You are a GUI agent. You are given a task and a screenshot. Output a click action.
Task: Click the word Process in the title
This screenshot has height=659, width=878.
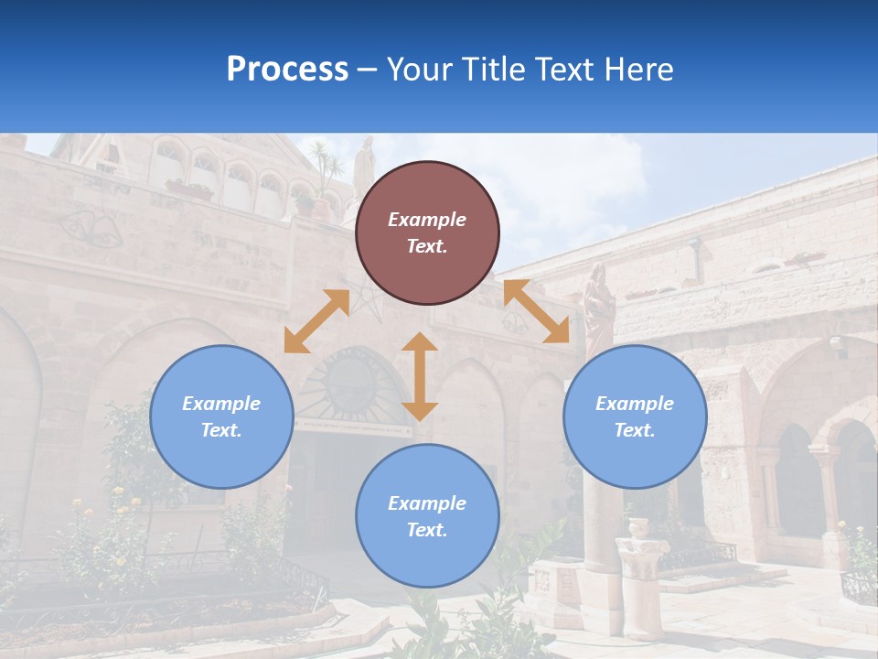click(x=287, y=70)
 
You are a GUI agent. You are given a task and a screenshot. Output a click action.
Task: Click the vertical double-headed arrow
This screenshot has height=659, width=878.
click(x=420, y=376)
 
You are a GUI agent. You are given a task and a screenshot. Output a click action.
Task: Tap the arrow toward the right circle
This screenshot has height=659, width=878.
click(x=536, y=311)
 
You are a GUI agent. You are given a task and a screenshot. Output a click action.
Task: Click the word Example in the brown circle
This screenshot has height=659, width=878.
click(x=427, y=220)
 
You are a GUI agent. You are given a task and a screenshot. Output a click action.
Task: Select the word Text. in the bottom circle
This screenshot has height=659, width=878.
click(x=427, y=530)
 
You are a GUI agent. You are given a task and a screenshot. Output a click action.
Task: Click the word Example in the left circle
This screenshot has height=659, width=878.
click(x=221, y=404)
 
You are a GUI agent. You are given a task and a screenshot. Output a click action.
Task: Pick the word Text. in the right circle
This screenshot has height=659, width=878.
click(x=635, y=430)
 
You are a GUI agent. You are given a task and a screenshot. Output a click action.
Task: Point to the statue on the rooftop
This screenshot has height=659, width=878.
click(x=364, y=165)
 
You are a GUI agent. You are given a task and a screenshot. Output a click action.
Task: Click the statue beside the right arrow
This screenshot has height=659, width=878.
click(x=598, y=307)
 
